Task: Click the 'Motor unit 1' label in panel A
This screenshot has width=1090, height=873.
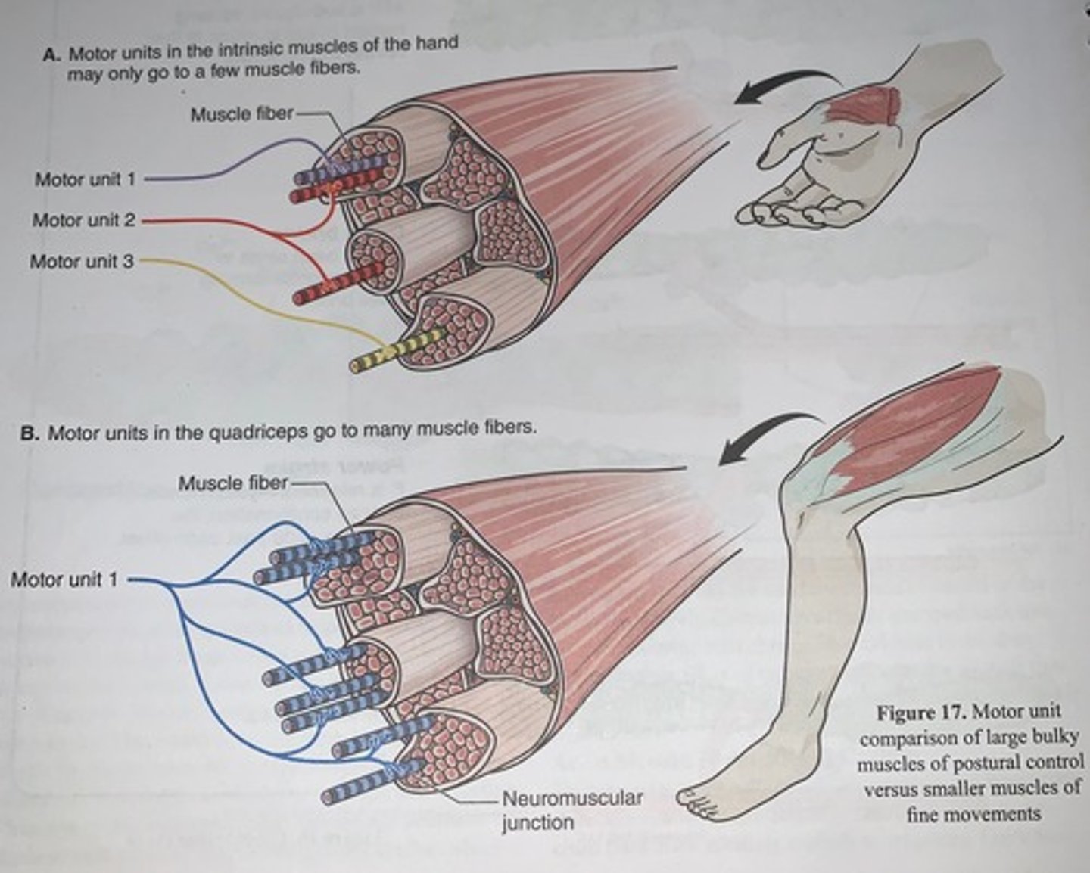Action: tap(85, 179)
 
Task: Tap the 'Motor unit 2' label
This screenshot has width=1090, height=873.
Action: tap(83, 220)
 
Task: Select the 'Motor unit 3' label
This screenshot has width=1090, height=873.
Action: tap(82, 262)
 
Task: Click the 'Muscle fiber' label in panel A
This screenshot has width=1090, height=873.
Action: tap(241, 114)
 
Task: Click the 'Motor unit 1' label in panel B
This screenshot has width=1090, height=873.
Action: tap(64, 580)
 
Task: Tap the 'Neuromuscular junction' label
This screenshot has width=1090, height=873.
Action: tap(572, 809)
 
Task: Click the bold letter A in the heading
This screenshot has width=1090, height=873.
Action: tap(51, 55)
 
